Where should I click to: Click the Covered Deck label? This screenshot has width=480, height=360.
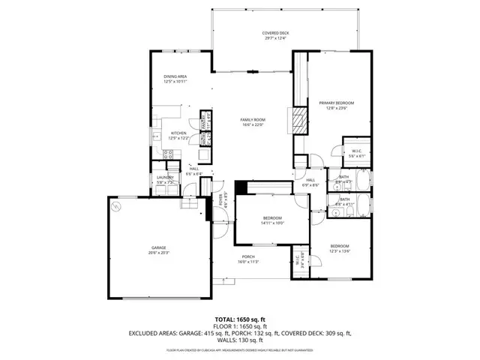pyautogui.click(x=275, y=36)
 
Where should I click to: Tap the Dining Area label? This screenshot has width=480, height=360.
pyautogui.click(x=175, y=79)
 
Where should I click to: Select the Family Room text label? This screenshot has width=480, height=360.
pyautogui.click(x=253, y=122)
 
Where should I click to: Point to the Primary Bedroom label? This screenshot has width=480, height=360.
pyautogui.click(x=336, y=105)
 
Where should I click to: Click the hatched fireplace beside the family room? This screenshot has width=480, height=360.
pyautogui.click(x=299, y=120)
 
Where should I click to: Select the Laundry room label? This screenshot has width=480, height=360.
pyautogui.click(x=165, y=179)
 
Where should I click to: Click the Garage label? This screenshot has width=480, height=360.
pyautogui.click(x=158, y=250)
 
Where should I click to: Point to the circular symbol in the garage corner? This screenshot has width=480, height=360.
pyautogui.click(x=115, y=205)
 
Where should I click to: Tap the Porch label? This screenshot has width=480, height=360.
pyautogui.click(x=248, y=259)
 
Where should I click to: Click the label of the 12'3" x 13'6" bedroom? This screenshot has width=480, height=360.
pyautogui.click(x=340, y=248)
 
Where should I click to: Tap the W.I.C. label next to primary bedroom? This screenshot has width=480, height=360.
pyautogui.click(x=356, y=154)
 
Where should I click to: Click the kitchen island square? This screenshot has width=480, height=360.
pyautogui.click(x=203, y=154)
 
